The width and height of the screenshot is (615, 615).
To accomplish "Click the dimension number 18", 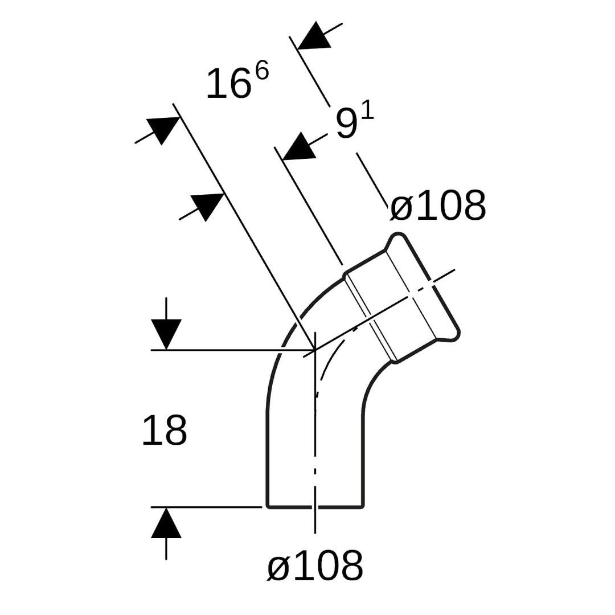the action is [165, 430].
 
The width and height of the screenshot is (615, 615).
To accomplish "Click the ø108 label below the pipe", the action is [315, 565].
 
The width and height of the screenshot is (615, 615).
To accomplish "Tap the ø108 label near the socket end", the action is [438, 206].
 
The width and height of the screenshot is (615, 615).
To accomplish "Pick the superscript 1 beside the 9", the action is [368, 112].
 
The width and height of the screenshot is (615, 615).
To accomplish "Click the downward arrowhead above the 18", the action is [166, 334].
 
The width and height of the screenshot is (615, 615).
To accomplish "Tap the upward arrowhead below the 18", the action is [166, 522].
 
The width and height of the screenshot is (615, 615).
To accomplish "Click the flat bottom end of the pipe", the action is [315, 507].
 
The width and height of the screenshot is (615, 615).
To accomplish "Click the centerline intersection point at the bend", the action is [315, 349].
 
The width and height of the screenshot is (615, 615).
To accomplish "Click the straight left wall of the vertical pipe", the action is [268, 459].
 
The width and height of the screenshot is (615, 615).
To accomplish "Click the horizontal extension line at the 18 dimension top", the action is [233, 349].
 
